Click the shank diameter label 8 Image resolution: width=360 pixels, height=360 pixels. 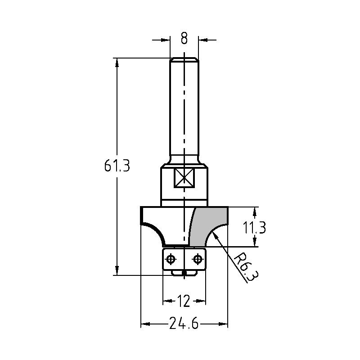click(184, 38)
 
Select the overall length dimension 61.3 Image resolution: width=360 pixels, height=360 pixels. click(117, 166)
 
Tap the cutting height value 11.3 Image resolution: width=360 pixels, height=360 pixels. click(254, 228)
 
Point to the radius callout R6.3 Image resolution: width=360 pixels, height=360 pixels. click(246, 266)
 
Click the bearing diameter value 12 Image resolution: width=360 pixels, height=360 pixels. click(184, 301)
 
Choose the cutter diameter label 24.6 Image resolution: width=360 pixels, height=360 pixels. click(184, 323)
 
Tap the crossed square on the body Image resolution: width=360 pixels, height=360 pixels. click(184, 178)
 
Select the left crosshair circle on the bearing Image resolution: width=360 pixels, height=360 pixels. click(171, 260)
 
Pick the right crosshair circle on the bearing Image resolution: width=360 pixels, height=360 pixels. click(197, 260)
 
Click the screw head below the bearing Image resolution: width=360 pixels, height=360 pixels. click(184, 273)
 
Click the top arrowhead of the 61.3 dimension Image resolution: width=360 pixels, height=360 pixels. click(117, 62)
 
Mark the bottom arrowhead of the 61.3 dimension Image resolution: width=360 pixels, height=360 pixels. click(117, 271)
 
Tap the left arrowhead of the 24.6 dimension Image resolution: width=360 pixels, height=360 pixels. click(145, 324)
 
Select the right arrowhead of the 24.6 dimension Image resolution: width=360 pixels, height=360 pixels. click(223, 324)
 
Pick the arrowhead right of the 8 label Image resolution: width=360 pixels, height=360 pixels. click(203, 40)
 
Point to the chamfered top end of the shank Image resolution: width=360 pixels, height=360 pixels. click(184, 59)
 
